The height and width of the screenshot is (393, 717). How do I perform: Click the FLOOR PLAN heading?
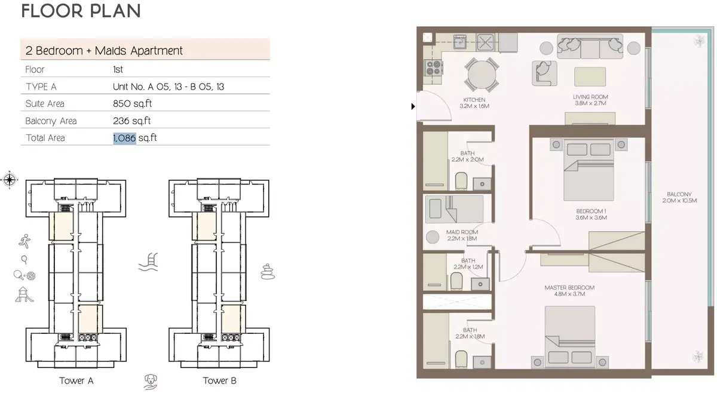(x=81, y=11)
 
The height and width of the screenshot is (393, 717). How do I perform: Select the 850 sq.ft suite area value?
(x=132, y=104)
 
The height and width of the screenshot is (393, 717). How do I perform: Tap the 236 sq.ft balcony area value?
(x=131, y=121)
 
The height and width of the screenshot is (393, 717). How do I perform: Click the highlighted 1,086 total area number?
(x=124, y=138)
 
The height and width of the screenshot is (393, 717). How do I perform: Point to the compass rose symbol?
(x=10, y=180)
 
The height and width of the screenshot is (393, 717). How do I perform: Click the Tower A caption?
(x=76, y=380)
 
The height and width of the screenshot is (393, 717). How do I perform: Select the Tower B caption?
(x=219, y=380)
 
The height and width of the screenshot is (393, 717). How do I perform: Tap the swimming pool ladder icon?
(x=148, y=262)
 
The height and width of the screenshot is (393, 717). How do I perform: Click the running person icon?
(x=24, y=241)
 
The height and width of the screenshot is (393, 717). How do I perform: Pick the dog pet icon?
(x=150, y=382)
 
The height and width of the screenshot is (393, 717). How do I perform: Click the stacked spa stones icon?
(x=268, y=272)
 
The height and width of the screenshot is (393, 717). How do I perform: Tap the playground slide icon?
(x=24, y=294)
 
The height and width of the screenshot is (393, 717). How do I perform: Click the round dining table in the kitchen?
(x=482, y=75)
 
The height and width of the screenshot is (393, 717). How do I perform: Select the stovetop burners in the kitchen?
(x=433, y=68)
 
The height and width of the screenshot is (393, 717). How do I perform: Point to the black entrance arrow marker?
(x=413, y=106)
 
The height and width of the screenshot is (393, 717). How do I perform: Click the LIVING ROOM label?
(x=590, y=100)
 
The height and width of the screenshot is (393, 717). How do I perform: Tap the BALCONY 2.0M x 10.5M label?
(x=679, y=198)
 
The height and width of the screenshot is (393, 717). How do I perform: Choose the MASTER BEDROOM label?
(x=569, y=291)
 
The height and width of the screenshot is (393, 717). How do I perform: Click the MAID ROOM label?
(x=462, y=235)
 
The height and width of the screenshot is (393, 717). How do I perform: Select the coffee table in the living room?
(x=590, y=77)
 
